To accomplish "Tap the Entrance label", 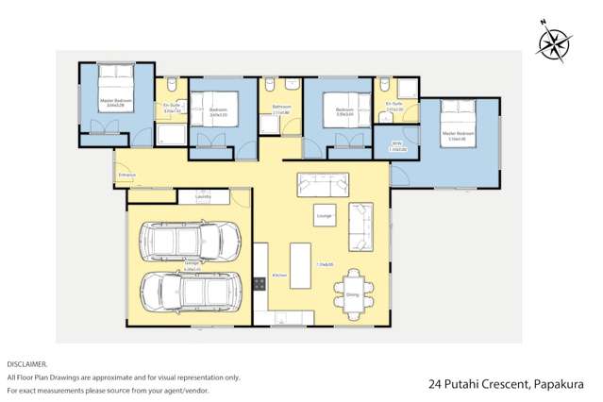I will pos(126,175).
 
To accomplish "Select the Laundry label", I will pos(203,196).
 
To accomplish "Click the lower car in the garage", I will pos(185,293).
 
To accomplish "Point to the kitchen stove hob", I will pos(260,282).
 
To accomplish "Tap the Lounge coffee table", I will pos(325,214).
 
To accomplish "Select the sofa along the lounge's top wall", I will pos(322,182).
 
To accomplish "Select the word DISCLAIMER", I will pos(26,363).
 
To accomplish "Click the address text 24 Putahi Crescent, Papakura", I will pos(506,384).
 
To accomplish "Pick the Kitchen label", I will pos(278,276).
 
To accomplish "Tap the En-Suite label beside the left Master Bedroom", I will pos(172,106).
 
